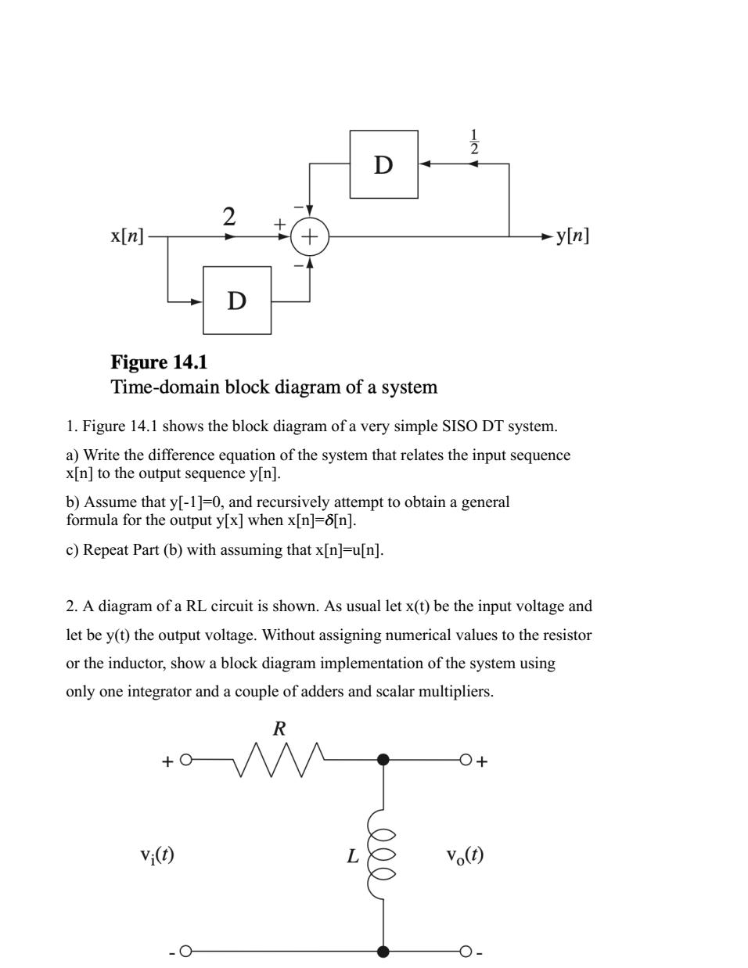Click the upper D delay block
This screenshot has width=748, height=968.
383,164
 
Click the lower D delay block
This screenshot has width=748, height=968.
237,300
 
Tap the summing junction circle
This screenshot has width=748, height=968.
310,236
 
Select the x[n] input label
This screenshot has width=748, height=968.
128,236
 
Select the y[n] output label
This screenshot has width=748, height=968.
573,236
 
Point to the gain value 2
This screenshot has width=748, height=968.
228,216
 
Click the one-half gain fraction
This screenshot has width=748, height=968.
474,141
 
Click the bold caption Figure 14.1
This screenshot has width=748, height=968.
159,362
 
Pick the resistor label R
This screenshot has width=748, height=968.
279,729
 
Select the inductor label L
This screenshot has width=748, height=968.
353,856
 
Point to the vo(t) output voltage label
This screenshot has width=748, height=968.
465,855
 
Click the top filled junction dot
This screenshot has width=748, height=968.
383,759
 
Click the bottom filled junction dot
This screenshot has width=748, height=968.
383,952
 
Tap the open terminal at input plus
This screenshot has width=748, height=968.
185,760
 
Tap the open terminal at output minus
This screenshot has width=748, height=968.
466,952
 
